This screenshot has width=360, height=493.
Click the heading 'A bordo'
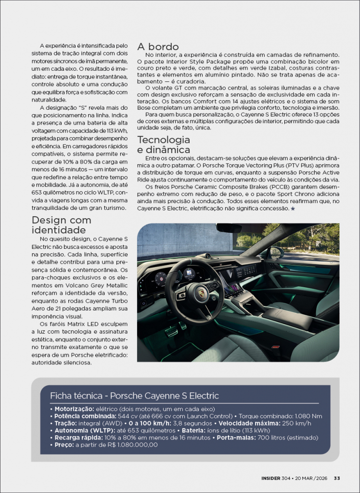click(158, 47)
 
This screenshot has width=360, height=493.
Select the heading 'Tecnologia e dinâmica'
click(164, 144)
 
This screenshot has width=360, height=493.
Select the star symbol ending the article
click(293, 208)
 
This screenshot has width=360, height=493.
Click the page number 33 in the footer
click(337, 478)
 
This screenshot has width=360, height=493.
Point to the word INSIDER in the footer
click(271, 478)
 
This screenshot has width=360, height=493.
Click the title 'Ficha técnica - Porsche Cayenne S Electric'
click(134, 396)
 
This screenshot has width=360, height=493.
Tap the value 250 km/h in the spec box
click(297, 423)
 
